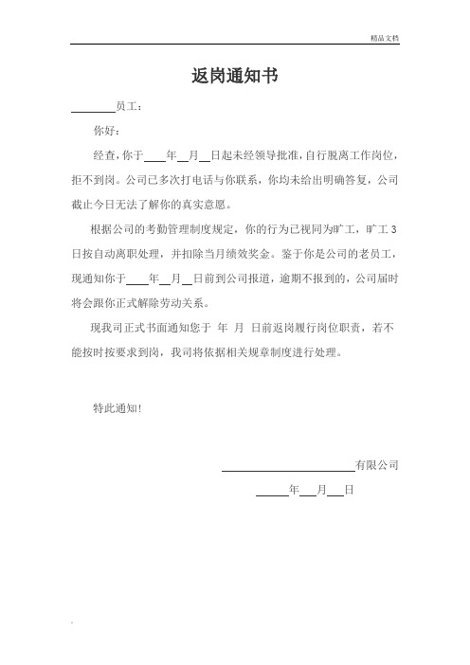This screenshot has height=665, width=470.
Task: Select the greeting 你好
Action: [x=105, y=131]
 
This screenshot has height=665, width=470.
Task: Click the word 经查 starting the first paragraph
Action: [x=104, y=153]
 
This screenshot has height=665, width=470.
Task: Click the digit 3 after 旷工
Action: [x=395, y=229]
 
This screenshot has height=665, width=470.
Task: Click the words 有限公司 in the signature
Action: [x=376, y=465]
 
